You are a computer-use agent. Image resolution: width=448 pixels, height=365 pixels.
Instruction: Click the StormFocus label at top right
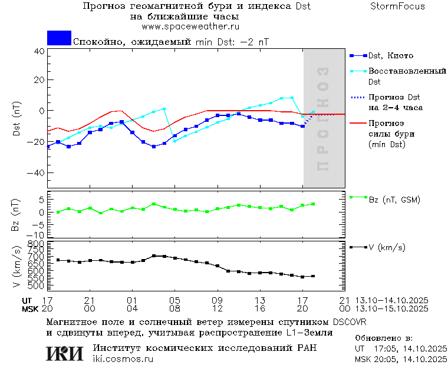click(x=397, y=6)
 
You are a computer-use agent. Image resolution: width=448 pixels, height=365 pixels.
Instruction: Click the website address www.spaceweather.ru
click(x=190, y=26)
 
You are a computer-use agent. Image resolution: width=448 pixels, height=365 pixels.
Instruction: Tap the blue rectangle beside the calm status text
click(x=59, y=38)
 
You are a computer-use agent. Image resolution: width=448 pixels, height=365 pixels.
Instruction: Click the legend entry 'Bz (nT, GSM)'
click(x=394, y=200)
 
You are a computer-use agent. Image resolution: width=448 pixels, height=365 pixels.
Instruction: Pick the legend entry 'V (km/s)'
click(x=386, y=248)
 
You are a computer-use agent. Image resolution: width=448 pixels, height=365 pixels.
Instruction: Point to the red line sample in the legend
click(x=358, y=124)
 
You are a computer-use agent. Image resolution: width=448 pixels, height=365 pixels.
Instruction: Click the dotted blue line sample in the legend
click(x=358, y=97)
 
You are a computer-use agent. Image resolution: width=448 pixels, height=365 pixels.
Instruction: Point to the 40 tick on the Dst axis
click(x=39, y=51)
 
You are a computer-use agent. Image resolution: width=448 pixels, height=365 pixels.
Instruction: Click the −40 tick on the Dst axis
click(x=37, y=173)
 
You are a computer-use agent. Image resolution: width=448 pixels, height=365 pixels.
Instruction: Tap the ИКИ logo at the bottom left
click(x=64, y=353)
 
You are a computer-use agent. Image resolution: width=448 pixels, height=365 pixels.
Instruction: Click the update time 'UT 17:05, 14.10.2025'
click(x=401, y=349)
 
